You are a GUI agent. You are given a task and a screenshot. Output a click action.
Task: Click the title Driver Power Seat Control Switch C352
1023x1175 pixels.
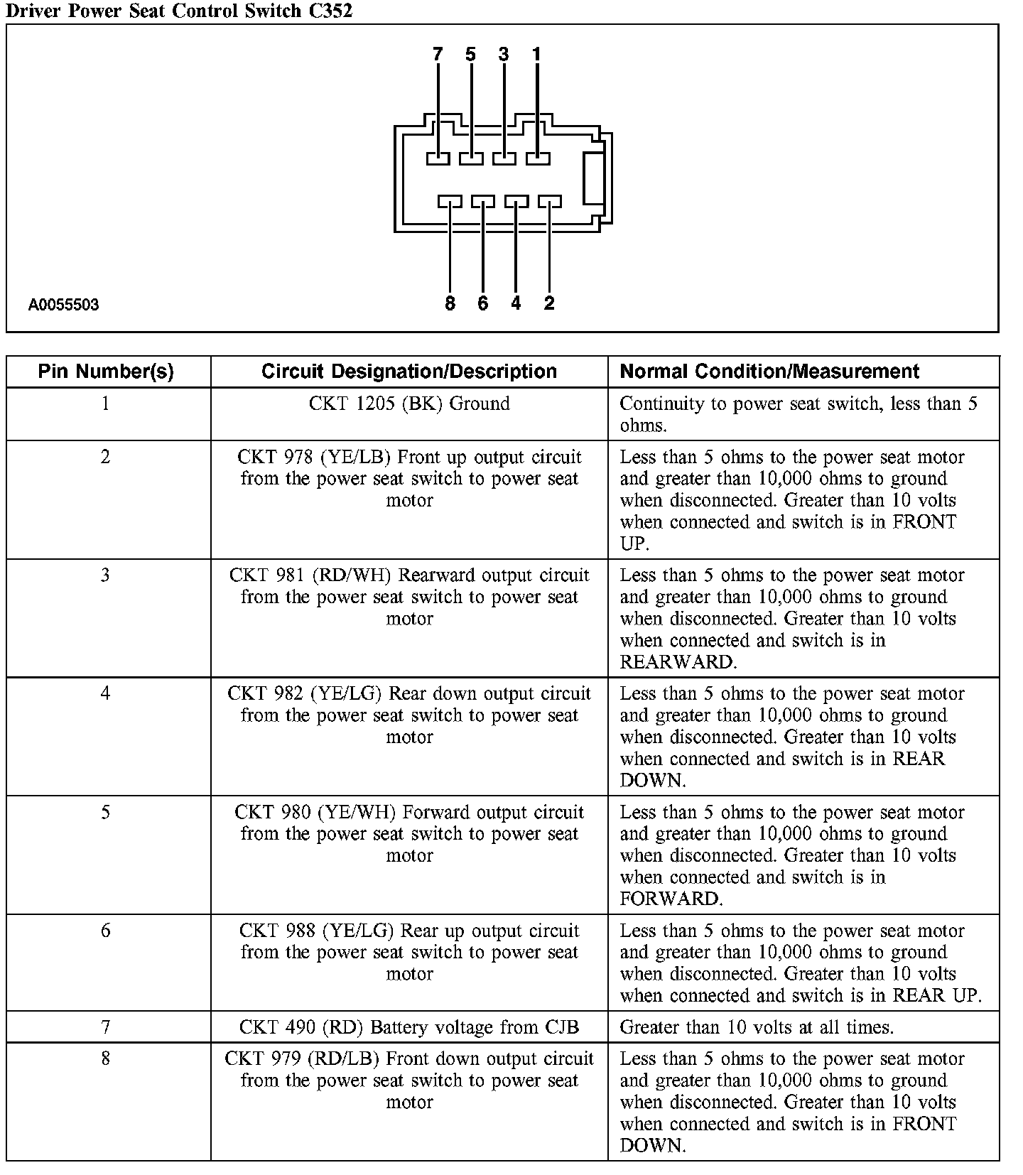(x=178, y=11)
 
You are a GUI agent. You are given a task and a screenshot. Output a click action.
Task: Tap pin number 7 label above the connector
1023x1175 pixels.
(x=437, y=55)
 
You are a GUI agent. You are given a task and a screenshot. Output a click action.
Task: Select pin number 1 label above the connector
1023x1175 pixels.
(x=536, y=55)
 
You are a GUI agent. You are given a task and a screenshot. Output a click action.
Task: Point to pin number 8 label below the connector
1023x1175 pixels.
(x=450, y=304)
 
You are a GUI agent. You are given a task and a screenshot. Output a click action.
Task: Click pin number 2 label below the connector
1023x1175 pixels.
(x=549, y=304)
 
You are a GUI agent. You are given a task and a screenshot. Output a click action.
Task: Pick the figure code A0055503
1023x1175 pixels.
(x=64, y=305)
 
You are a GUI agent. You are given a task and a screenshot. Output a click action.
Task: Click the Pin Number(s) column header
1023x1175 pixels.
(x=106, y=372)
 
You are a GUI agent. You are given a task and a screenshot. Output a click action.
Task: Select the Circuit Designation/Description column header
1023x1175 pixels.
(x=409, y=372)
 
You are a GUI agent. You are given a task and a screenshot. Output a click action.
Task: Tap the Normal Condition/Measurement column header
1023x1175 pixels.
(x=769, y=372)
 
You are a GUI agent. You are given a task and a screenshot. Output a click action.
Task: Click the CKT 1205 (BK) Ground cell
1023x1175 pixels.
(x=409, y=404)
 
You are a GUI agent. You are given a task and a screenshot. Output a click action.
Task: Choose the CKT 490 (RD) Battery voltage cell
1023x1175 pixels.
(x=409, y=1027)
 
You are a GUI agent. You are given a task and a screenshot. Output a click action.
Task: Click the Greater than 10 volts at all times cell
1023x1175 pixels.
(x=757, y=1027)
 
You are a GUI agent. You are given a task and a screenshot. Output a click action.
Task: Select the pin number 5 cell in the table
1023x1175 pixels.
(x=106, y=812)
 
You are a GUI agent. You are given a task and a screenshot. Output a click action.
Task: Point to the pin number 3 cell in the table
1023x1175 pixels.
(x=106, y=575)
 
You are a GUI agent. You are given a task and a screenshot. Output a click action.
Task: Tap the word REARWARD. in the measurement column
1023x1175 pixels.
(x=678, y=662)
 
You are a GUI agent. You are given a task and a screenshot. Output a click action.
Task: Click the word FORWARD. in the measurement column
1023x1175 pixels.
(x=671, y=899)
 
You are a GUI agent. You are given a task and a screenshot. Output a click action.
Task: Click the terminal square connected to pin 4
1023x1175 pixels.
(x=516, y=202)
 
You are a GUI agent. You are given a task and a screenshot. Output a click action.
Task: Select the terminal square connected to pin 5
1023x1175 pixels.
(x=471, y=158)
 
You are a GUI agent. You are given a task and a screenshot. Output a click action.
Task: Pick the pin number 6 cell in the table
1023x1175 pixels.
(x=106, y=931)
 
